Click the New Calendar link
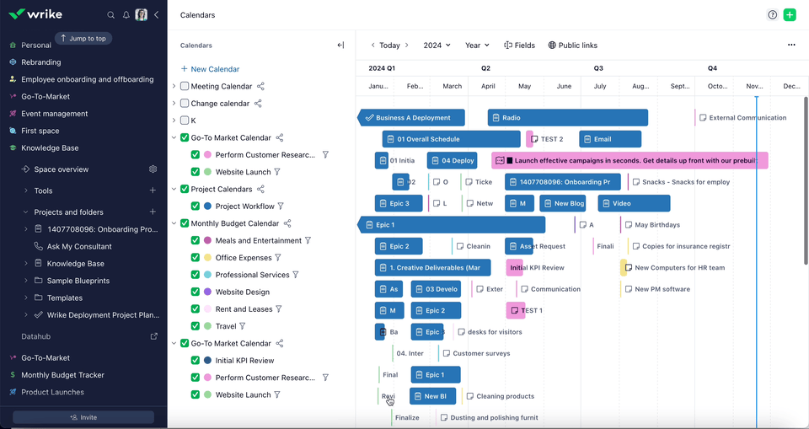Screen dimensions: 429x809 210,69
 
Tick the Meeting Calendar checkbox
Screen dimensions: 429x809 185,86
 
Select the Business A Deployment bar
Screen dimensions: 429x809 413,118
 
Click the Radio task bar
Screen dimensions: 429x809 567,118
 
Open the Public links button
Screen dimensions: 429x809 572,46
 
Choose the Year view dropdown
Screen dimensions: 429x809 478,46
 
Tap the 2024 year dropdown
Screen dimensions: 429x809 437,46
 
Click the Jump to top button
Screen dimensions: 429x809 83,38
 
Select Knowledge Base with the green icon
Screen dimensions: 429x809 50,148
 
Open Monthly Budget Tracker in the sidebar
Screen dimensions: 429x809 62,375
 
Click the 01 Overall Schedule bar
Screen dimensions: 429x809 451,139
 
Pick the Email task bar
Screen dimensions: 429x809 609,139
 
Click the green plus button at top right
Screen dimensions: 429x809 790,15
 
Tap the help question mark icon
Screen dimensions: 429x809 773,15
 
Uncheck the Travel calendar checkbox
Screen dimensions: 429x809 196,326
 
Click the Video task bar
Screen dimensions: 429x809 634,203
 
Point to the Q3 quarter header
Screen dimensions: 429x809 598,68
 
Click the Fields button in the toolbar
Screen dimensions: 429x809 519,46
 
